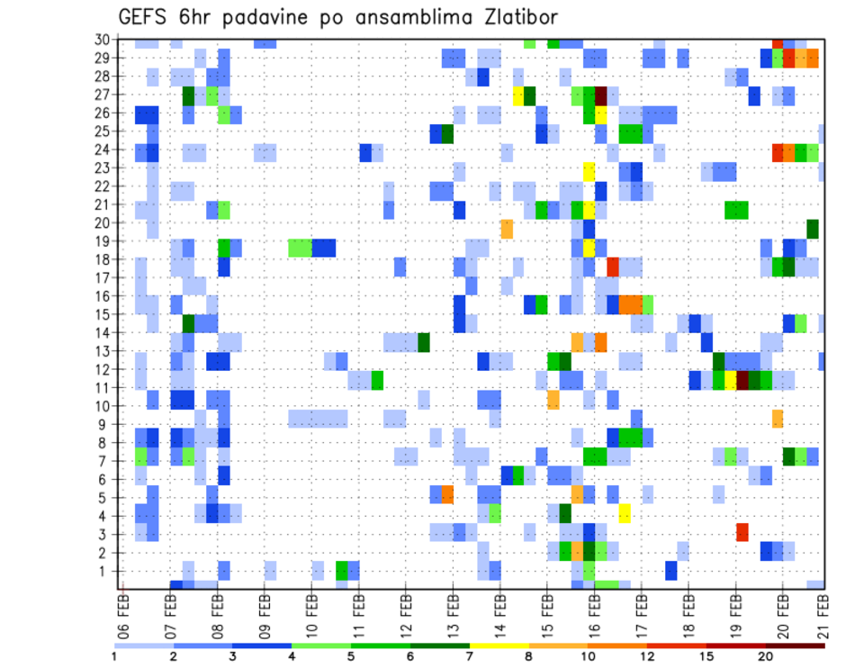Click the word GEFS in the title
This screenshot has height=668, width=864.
pyautogui.click(x=143, y=17)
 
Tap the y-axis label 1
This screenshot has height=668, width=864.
pyautogui.click(x=104, y=571)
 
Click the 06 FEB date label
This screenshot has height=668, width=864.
pyautogui.click(x=124, y=613)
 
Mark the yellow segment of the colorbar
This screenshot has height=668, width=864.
pyautogui.click(x=499, y=645)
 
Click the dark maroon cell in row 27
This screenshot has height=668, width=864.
pyautogui.click(x=600, y=95)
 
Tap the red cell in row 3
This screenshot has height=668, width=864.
pyautogui.click(x=742, y=531)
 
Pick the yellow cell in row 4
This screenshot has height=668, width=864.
pyautogui.click(x=625, y=512)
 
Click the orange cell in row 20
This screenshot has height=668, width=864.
pyautogui.click(x=507, y=229)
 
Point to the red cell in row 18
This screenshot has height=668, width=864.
pyautogui.click(x=612, y=266)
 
